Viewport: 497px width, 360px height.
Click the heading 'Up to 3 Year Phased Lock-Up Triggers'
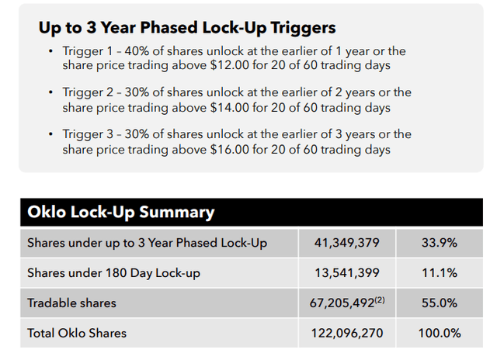tap(186, 28)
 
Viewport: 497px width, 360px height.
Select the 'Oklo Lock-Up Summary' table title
tap(120, 213)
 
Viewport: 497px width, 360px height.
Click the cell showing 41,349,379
tap(347, 243)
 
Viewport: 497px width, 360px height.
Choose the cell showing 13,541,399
tap(347, 273)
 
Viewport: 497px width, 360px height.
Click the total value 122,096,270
tap(347, 333)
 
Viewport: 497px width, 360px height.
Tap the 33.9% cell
tap(440, 243)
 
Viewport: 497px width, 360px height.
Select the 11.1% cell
tap(440, 273)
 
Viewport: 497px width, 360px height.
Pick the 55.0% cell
tap(440, 303)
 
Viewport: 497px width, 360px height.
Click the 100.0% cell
tap(440, 333)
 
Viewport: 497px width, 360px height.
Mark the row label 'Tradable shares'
tap(72, 303)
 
